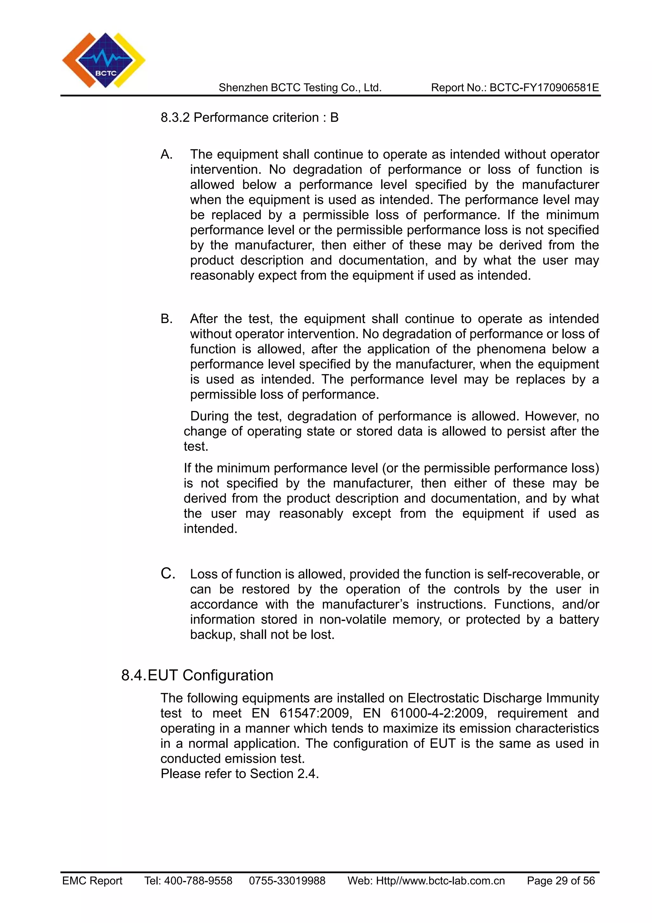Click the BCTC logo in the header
[x=104, y=60]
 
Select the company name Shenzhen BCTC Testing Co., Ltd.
[x=300, y=88]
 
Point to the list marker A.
[x=166, y=155]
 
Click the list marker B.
[x=166, y=319]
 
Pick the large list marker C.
[x=167, y=574]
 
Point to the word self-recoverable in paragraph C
[x=535, y=574]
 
